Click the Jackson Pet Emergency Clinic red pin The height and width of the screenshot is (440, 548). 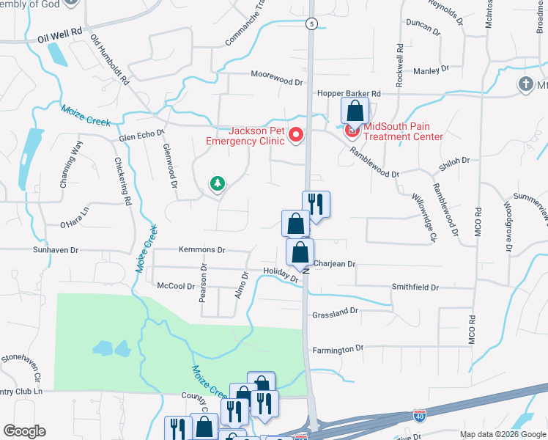(296, 134)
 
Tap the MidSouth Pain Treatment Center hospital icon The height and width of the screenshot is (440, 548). (352, 131)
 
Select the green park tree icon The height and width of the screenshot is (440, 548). (216, 183)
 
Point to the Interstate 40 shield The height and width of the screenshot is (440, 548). (419, 416)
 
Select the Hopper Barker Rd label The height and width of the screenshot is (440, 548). (349, 94)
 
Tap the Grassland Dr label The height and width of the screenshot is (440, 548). (335, 312)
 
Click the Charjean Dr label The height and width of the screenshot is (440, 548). (334, 263)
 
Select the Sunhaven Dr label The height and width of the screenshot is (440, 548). (55, 250)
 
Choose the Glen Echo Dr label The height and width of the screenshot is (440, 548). (142, 137)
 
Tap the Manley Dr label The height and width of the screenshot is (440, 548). (431, 70)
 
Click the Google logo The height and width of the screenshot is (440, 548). (24, 431)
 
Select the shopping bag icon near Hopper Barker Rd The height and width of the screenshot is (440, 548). (355, 111)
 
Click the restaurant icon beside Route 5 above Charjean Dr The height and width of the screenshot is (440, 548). (316, 204)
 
